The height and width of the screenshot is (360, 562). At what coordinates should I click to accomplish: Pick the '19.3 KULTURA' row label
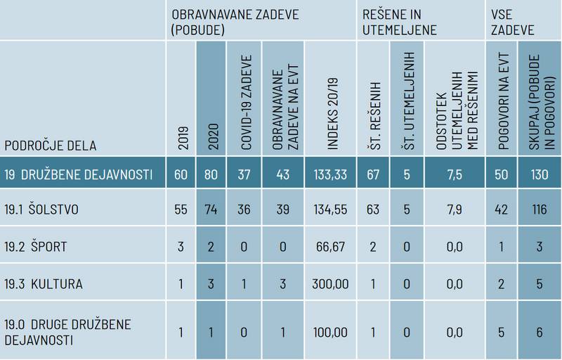[x=43, y=284]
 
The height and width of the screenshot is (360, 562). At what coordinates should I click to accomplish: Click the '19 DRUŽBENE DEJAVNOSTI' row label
[x=78, y=174]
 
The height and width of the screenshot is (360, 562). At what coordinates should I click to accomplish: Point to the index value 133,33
[x=329, y=174]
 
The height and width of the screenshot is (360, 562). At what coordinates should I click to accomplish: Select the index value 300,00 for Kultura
[x=329, y=284]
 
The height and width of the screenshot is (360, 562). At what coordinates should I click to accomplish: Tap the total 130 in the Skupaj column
[x=539, y=174]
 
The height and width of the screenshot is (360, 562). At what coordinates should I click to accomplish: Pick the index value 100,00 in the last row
[x=329, y=330]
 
